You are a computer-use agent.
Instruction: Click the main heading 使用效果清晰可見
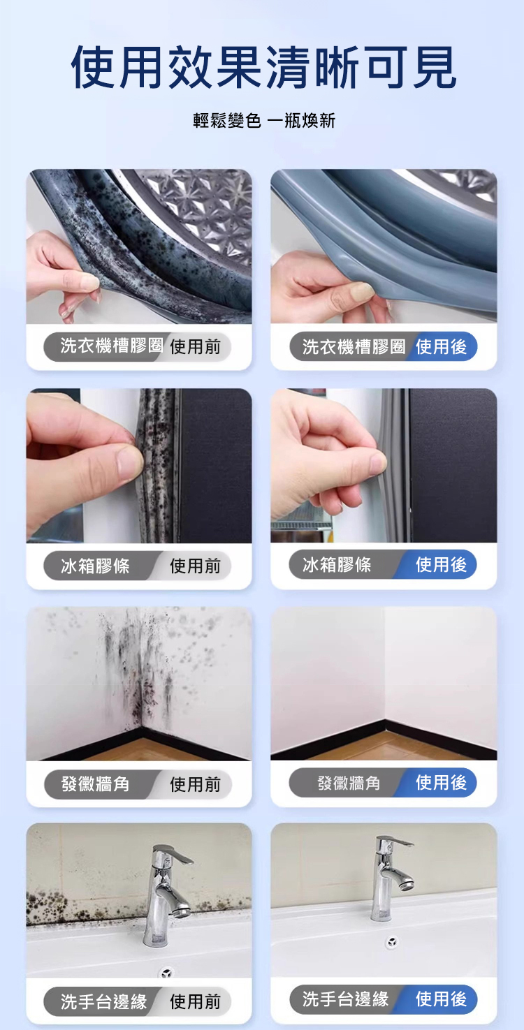tap(263, 68)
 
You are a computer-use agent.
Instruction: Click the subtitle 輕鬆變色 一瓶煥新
tap(264, 121)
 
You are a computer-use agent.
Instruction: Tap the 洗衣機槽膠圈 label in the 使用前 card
tap(112, 346)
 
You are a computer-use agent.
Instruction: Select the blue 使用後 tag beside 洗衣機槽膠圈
tap(441, 346)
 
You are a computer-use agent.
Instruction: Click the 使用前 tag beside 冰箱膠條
tap(195, 566)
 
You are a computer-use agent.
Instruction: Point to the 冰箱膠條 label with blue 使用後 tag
tap(337, 565)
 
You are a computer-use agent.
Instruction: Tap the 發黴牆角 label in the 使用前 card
tap(95, 783)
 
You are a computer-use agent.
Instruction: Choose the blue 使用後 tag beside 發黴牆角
tap(441, 782)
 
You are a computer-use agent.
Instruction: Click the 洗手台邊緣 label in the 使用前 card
tap(104, 1001)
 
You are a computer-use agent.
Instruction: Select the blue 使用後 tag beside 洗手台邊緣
tap(441, 999)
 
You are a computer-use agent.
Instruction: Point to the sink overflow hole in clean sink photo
tap(391, 943)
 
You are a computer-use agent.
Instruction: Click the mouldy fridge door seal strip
tap(157, 465)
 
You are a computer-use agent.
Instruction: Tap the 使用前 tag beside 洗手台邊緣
tap(195, 1001)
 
